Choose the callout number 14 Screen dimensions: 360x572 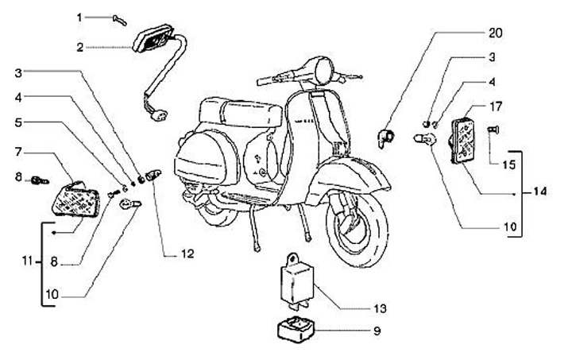540,192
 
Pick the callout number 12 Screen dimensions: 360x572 187,254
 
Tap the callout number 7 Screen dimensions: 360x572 19,150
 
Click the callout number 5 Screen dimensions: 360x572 19,123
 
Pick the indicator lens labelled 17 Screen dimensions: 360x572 462,139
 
